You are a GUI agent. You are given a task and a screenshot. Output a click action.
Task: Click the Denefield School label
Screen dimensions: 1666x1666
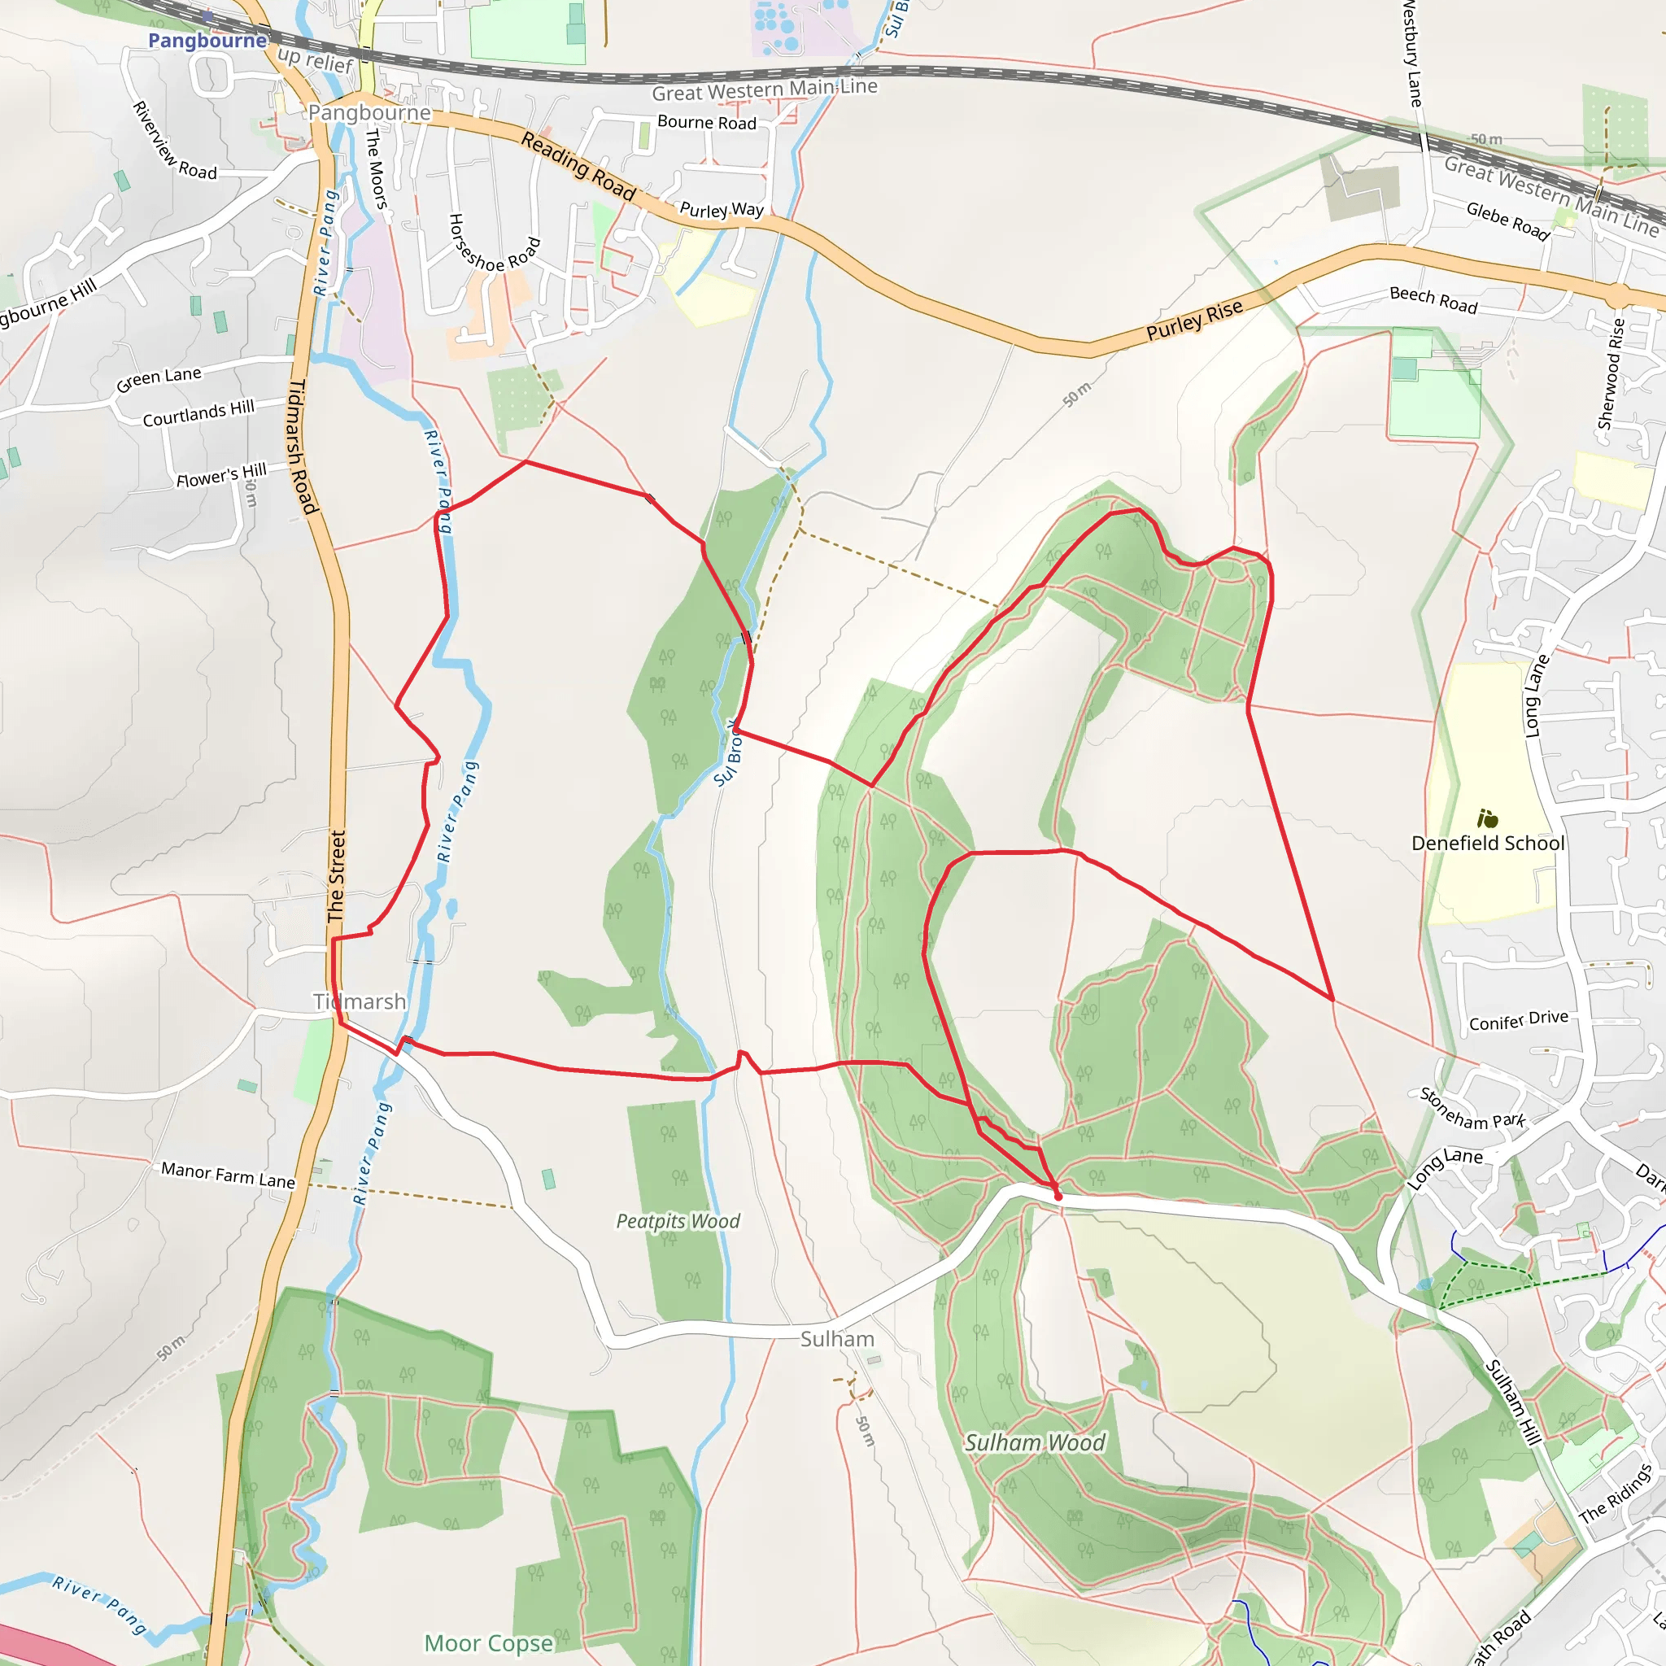pyautogui.click(x=1488, y=844)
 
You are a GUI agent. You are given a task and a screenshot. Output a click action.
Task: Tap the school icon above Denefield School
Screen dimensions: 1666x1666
pyautogui.click(x=1488, y=818)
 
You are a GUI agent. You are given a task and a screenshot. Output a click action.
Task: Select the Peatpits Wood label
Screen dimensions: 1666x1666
pyautogui.click(x=678, y=1221)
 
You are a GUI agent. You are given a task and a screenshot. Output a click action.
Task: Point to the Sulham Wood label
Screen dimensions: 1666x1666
pyautogui.click(x=1034, y=1442)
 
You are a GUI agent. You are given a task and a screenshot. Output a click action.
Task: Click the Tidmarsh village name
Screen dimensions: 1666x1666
pyautogui.click(x=359, y=1001)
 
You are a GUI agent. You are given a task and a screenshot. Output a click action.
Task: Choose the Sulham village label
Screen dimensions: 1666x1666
pyautogui.click(x=836, y=1338)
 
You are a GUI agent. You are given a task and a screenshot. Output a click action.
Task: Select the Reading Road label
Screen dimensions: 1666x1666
pyautogui.click(x=578, y=167)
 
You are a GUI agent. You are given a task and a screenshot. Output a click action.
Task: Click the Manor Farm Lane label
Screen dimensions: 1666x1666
pyautogui.click(x=228, y=1175)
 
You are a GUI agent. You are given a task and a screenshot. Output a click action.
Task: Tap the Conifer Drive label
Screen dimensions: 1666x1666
pyautogui.click(x=1519, y=1020)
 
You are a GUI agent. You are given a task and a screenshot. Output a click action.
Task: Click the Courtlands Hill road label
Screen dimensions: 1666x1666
pyautogui.click(x=198, y=413)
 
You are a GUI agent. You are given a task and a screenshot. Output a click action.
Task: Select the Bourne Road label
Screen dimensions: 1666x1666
pyautogui.click(x=706, y=123)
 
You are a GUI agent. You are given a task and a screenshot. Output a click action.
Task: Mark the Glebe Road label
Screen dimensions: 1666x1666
pyautogui.click(x=1508, y=220)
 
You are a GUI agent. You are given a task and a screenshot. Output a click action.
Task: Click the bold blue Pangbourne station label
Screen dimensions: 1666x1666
pyautogui.click(x=207, y=41)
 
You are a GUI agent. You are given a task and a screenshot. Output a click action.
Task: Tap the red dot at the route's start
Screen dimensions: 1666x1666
pyautogui.click(x=1058, y=1197)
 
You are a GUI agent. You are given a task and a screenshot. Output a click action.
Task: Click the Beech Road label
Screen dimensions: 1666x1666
pyautogui.click(x=1433, y=299)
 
